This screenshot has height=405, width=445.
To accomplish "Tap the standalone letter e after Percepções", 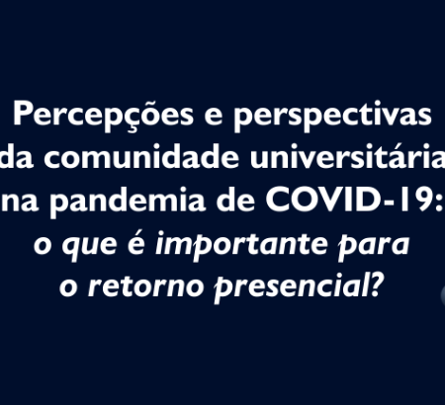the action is point(214,118).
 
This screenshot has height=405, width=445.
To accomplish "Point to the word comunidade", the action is point(141,156).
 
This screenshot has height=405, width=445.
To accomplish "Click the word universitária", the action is point(347,156).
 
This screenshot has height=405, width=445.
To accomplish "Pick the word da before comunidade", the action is point(17,156).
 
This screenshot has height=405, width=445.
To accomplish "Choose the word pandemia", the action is point(128,201).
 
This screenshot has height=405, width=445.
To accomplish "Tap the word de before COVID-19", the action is point(235,199).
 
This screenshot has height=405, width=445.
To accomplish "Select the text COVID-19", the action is point(349,199).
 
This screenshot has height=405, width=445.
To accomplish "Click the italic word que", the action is point(89,247).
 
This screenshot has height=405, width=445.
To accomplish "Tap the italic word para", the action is point(374,247).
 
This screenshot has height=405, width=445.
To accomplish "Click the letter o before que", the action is point(43,246).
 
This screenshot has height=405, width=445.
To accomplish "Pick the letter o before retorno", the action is point(68,287).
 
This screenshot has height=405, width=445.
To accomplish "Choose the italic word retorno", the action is point(145,285).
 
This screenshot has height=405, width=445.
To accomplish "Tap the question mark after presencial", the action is point(378,285).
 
